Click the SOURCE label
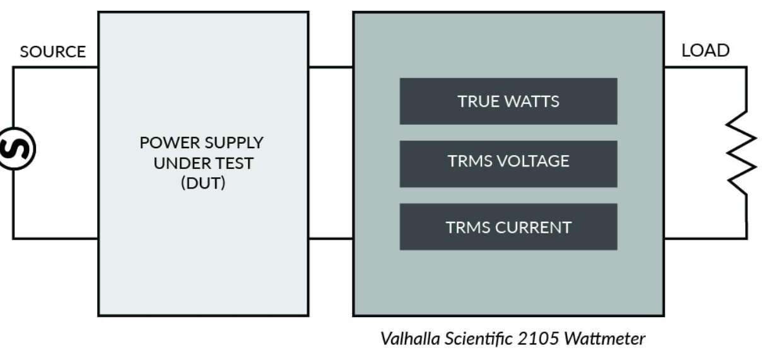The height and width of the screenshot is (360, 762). click(x=53, y=52)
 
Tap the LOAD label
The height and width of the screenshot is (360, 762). click(x=705, y=50)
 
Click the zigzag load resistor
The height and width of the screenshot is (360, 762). click(x=742, y=153)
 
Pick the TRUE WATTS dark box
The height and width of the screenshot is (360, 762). click(x=508, y=102)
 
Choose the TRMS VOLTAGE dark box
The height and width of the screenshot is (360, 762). click(x=508, y=164)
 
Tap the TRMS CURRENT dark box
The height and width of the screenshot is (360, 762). click(x=508, y=227)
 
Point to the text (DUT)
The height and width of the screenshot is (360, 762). click(x=203, y=183)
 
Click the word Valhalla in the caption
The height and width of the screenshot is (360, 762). click(x=410, y=339)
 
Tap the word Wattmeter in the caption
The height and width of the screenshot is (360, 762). click(x=604, y=339)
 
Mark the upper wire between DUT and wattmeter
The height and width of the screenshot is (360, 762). click(x=331, y=67)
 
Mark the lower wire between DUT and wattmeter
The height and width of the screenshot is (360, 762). click(x=331, y=239)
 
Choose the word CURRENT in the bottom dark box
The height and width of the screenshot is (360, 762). click(x=534, y=228)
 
